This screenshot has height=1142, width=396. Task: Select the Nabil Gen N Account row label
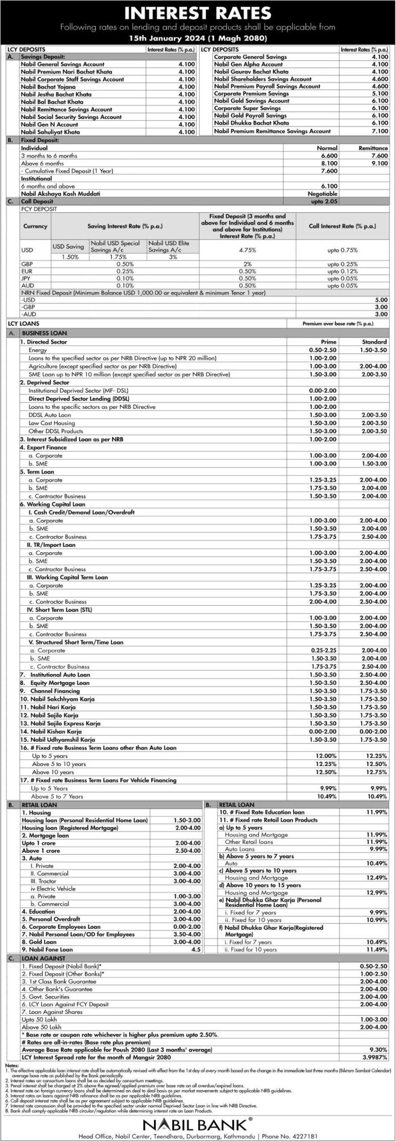tap(49, 124)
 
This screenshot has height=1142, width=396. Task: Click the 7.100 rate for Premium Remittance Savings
tap(380, 131)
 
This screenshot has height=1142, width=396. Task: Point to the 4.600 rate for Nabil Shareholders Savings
tap(380, 79)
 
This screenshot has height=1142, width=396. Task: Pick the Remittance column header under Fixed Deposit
tap(373, 148)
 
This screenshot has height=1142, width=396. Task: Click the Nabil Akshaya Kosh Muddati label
tap(61, 194)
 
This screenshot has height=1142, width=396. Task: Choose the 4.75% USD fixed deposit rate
tap(247, 250)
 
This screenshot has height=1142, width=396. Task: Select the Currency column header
tap(35, 226)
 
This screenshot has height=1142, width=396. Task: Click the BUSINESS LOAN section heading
tap(44, 333)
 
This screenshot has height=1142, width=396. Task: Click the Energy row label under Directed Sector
tap(37, 350)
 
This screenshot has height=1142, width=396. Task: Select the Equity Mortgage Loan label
tap(60, 683)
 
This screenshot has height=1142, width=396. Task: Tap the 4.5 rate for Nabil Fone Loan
tap(196, 949)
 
